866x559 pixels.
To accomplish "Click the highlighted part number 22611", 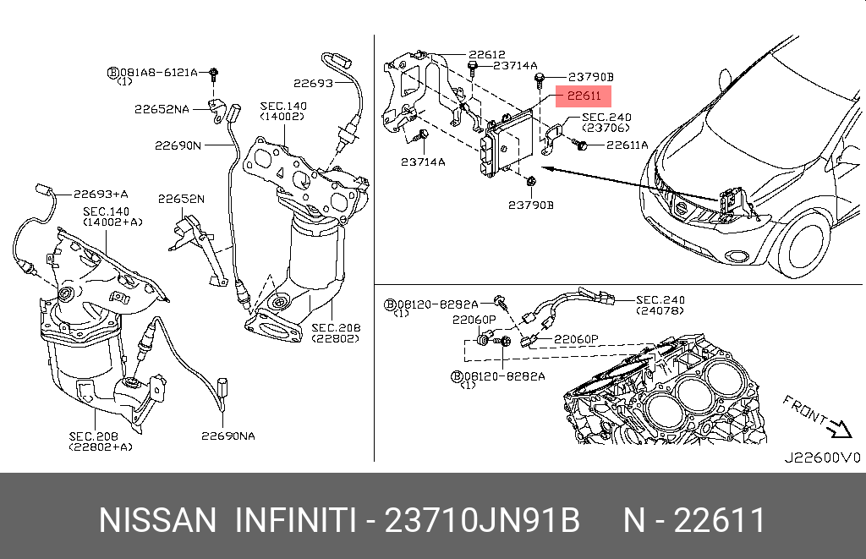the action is [x=584, y=96].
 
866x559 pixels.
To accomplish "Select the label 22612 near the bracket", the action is [x=486, y=54].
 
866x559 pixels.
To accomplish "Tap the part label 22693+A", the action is [x=101, y=194].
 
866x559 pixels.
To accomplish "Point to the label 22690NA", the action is [x=228, y=436].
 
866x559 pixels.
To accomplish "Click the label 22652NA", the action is [x=162, y=109].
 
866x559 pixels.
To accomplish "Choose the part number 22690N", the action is [x=178, y=145].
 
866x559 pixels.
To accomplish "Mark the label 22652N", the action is [x=181, y=199].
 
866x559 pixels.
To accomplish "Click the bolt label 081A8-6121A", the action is [x=158, y=73].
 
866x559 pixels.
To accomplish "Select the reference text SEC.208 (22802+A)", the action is [x=101, y=441].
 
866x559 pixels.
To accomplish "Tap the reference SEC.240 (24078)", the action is [x=660, y=305].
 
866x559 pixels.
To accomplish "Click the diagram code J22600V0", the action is [x=822, y=458].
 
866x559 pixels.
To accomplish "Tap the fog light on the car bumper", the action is [x=737, y=255].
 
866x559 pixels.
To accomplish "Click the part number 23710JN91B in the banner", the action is [x=482, y=520].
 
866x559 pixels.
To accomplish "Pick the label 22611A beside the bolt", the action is [x=628, y=145].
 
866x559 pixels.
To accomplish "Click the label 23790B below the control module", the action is [x=531, y=205].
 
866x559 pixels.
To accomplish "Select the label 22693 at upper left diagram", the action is [x=313, y=84].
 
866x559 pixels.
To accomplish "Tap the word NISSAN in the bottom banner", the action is [x=158, y=520].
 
